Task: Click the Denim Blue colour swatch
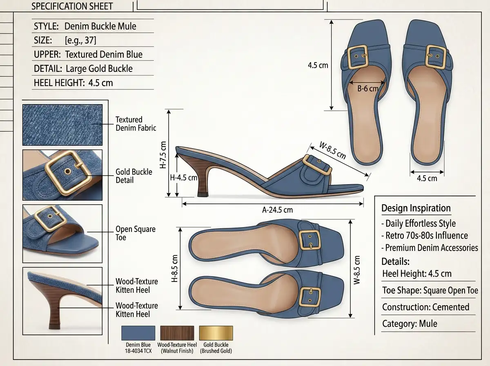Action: pos(138,333)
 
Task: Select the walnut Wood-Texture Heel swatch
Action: pos(177,333)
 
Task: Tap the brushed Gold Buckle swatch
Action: pos(216,333)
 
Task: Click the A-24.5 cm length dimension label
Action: pos(277,210)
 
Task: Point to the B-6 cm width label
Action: pos(367,89)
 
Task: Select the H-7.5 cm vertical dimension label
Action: pos(163,155)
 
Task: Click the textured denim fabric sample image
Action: pos(62,125)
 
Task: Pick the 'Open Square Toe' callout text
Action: pos(136,233)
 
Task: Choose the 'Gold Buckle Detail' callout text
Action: pos(134,176)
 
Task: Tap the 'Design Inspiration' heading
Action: pos(416,208)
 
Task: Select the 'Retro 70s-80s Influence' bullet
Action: pos(425,236)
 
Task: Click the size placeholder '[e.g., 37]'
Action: pos(80,40)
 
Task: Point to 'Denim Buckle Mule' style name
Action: pos(100,27)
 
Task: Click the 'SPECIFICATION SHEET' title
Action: pos(72,6)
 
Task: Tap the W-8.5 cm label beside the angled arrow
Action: pos(332,150)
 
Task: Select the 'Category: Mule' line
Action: pos(410,324)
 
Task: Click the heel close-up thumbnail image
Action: pos(62,301)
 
